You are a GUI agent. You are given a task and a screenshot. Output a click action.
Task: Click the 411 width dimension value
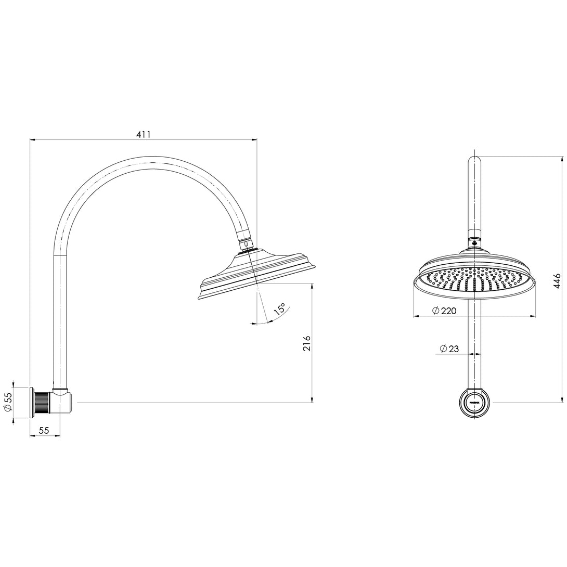click(x=144, y=134)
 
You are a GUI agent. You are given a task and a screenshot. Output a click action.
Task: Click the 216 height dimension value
click(x=306, y=343)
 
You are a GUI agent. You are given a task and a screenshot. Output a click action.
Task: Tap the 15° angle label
click(x=280, y=310)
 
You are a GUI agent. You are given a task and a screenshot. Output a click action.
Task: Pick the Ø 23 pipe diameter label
click(x=449, y=349)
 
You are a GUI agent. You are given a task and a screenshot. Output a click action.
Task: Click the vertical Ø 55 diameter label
click(x=8, y=402)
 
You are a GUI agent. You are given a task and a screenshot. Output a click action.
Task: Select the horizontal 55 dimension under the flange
click(x=44, y=430)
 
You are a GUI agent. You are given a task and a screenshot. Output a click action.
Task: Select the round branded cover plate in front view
click(x=474, y=403)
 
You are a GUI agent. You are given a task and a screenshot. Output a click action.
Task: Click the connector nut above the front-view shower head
click(x=474, y=242)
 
